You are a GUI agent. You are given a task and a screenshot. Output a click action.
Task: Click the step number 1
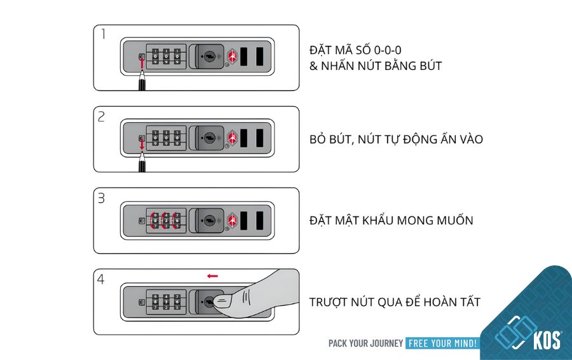[x=104, y=34]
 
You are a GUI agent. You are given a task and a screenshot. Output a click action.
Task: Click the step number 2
[x=102, y=116]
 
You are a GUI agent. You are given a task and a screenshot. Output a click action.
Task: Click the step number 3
[x=102, y=198]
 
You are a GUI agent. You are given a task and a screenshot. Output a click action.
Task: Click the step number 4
[x=101, y=279]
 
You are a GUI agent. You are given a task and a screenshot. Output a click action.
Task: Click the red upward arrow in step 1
[x=142, y=63]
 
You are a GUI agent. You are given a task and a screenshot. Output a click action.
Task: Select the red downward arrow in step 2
[x=142, y=144]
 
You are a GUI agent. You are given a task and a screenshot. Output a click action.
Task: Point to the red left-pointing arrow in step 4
[x=212, y=276]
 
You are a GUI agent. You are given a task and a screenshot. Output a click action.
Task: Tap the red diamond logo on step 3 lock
[x=233, y=220]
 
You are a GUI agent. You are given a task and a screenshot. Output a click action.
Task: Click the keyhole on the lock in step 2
[x=209, y=138]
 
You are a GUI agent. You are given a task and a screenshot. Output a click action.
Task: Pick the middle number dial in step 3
[x=166, y=221]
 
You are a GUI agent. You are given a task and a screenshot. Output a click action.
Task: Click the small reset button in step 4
[x=142, y=302]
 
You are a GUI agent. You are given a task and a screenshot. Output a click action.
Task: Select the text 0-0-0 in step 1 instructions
[x=388, y=50]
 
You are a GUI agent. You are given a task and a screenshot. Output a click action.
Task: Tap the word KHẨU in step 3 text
[x=377, y=220]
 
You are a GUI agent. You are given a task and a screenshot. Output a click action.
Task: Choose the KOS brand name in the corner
[x=547, y=340]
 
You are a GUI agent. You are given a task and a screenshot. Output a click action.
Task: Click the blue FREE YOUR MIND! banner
[x=442, y=343]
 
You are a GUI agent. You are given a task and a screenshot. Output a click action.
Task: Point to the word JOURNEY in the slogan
[x=386, y=343]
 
